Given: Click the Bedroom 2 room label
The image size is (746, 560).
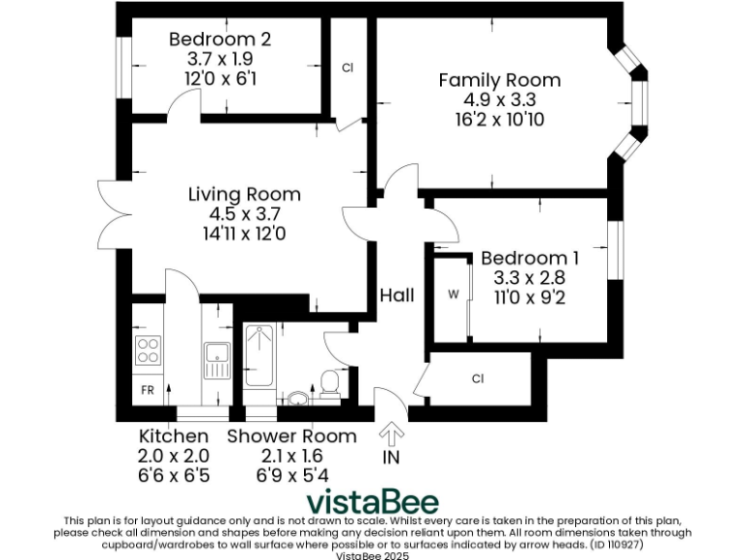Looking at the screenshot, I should coord(220,40).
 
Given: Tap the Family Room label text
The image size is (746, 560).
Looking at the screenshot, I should coord(499,81).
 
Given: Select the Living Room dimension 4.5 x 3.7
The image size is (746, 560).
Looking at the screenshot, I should coord(244,214).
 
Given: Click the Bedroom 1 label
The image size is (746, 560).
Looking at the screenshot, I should coord(529,259).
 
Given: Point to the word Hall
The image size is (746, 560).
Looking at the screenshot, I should coord(396,295).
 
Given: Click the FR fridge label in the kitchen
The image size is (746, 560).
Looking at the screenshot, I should coord(148,390).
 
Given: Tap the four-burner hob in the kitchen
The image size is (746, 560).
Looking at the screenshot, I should coord(148,350).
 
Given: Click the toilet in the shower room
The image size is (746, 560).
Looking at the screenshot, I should coord(329,383).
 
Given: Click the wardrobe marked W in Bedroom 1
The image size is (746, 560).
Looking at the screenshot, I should coord(452,295).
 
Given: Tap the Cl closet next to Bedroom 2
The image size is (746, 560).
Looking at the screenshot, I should coord(347,68).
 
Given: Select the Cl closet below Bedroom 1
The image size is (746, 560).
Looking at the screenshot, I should coord(478,378).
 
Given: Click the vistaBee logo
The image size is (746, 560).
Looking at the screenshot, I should coord(373,502).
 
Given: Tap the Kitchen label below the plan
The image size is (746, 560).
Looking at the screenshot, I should coord(174,437).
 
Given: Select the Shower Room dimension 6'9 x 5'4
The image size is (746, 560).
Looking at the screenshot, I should coord(291,475).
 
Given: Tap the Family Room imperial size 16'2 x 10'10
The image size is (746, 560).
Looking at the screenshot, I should coord(499,119).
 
